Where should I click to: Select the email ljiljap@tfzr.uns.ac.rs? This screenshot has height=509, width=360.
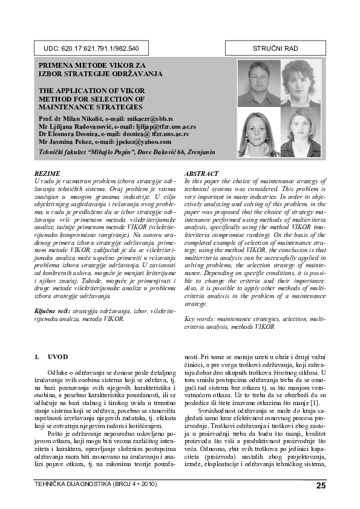pyautogui.click(x=166, y=127)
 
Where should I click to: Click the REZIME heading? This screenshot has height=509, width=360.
pyautogui.click(x=48, y=173)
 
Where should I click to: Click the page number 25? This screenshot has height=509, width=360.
pyautogui.click(x=321, y=485)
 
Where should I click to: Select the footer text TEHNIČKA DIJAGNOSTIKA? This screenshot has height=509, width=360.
pyautogui.click(x=72, y=484)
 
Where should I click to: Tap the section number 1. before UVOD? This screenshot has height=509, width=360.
pyautogui.click(x=37, y=357)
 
